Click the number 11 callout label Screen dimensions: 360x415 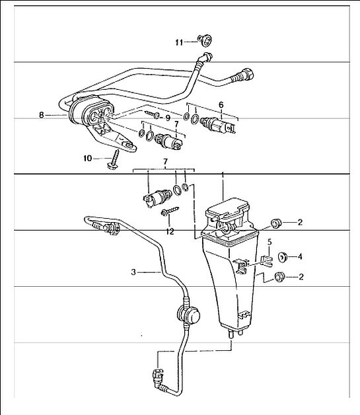pos(179,42)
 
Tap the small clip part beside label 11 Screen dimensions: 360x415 pos(205,40)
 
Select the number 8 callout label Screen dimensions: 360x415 pos(41,116)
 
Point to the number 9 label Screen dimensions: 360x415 pos(168,118)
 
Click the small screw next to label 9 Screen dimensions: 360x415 pos(152,114)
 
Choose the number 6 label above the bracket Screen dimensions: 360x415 pos(221,105)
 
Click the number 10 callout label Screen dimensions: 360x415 pos(88,159)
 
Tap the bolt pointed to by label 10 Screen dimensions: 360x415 pos(114,159)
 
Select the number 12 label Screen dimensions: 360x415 pos(170,232)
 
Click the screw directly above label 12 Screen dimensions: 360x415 pos(170,211)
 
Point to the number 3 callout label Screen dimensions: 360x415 pos(133,272)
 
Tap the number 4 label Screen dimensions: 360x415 pos(300,256)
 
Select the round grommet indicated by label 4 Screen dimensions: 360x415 pos(283,257)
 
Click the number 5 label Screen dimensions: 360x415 pos(270,242)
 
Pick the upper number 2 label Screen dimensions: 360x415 pos(300,222)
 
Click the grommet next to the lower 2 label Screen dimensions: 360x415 pos(279,277)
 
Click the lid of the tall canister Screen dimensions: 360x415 pos(227,209)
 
